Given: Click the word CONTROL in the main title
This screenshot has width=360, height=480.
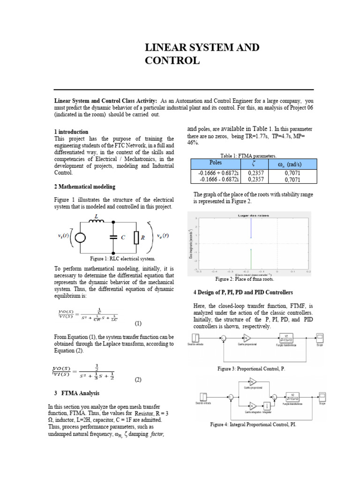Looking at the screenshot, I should point(172,60).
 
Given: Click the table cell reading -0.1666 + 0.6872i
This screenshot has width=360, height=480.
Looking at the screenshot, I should point(215,172).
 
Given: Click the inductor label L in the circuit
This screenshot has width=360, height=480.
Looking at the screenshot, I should point(97,216).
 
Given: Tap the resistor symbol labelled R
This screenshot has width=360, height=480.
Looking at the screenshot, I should point(136,238).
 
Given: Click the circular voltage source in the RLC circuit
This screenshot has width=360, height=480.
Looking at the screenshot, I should point(81,238).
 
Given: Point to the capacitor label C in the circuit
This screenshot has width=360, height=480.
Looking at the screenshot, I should point(123,238).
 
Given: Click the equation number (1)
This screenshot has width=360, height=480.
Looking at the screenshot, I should point(138,323).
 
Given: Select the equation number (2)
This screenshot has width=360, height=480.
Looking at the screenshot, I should point(138,380).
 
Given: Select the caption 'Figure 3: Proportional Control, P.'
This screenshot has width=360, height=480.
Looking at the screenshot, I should point(251,369).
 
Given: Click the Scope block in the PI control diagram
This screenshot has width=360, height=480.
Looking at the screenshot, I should point(322,396).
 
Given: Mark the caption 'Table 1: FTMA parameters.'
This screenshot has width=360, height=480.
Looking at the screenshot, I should point(248,156).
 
